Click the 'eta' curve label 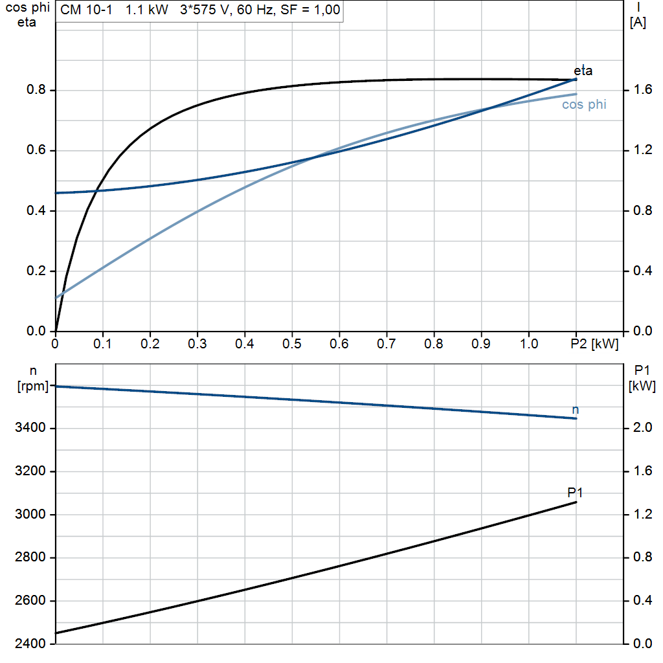click(583, 71)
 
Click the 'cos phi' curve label click(584, 104)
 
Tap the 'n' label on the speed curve click(576, 410)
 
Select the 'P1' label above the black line click(575, 493)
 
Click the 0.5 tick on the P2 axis click(292, 343)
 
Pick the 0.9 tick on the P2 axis click(481, 343)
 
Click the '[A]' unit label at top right click(638, 23)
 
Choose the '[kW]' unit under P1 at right click(642, 387)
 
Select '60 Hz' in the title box click(264, 10)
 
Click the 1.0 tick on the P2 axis click(528, 343)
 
